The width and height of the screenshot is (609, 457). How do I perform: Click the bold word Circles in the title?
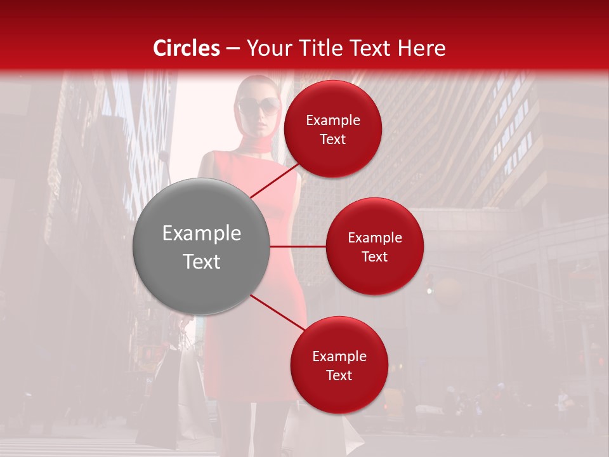click(x=187, y=48)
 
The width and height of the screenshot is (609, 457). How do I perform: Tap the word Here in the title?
click(x=422, y=48)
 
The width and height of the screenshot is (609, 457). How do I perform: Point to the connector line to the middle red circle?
click(x=298, y=246)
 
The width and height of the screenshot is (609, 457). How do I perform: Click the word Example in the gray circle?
click(x=202, y=234)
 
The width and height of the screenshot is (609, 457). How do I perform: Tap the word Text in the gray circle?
click(x=202, y=262)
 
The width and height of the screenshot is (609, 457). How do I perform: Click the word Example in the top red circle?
click(x=333, y=121)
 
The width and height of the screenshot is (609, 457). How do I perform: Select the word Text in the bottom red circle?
click(x=339, y=375)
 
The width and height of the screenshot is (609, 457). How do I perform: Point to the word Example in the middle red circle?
click(x=375, y=238)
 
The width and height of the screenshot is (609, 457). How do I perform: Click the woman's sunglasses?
click(x=259, y=105)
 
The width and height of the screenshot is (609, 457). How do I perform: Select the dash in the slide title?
click(x=232, y=48)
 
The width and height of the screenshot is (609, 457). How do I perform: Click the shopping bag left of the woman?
click(x=164, y=394)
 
